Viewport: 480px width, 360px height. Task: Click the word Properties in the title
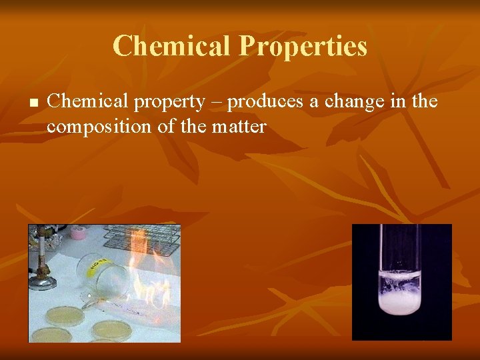pyautogui.click(x=303, y=46)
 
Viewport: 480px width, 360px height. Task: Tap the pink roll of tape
pyautogui.click(x=79, y=233)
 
